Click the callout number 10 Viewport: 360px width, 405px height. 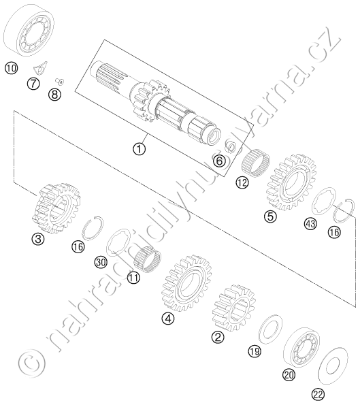[x=11, y=69]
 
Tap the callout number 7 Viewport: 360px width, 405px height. [x=33, y=84]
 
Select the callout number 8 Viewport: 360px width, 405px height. [x=54, y=95]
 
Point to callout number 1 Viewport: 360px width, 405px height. [x=140, y=149]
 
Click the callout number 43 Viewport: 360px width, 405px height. [x=311, y=223]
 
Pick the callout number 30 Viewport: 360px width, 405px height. [x=101, y=263]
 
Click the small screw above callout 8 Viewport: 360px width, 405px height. [x=60, y=82]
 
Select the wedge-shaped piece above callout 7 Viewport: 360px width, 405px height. [x=41, y=67]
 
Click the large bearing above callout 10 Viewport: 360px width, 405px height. [x=29, y=32]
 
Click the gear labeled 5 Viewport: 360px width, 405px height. [x=291, y=182]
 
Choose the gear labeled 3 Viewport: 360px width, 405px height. [x=56, y=208]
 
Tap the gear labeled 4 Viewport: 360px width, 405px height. [x=186, y=283]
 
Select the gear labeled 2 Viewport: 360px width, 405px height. [x=234, y=308]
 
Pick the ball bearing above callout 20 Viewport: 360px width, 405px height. [x=301, y=347]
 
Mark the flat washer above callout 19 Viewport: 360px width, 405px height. [x=270, y=329]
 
